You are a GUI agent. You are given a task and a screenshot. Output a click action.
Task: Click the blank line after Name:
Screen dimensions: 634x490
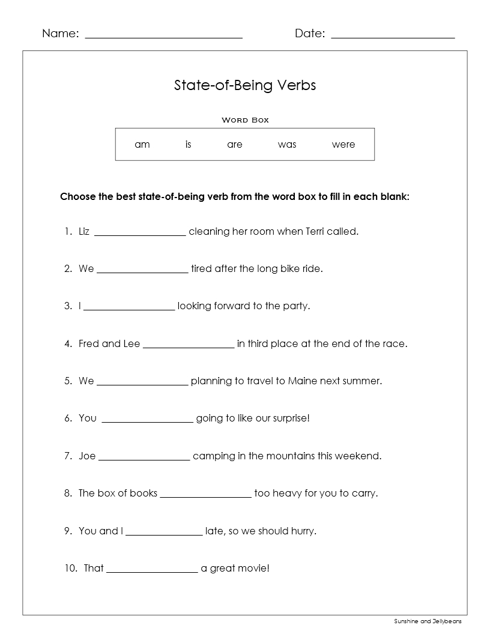[x=163, y=37]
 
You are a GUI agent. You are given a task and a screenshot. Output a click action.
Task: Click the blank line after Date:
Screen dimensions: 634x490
[x=393, y=37]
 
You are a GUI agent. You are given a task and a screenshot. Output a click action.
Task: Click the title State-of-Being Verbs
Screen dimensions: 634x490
[x=245, y=85]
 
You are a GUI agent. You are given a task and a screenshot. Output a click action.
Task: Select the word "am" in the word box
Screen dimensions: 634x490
[x=142, y=145]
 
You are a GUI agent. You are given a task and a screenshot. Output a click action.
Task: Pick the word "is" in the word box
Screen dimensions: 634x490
[x=188, y=145]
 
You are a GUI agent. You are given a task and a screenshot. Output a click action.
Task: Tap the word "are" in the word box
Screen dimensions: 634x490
[x=235, y=145]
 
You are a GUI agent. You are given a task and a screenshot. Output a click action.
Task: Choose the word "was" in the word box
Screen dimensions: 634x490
[x=287, y=145]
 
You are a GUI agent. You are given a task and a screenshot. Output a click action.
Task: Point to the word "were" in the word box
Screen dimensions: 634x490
[x=343, y=145]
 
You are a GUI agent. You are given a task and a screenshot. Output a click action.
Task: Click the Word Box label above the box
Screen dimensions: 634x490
[x=245, y=120]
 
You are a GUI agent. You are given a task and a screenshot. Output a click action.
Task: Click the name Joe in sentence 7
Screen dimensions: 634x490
[x=87, y=456]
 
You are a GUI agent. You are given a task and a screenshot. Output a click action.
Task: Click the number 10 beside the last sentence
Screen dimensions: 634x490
[x=70, y=568]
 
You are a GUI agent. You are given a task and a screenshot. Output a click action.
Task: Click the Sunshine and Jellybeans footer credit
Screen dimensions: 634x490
[x=428, y=621]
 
